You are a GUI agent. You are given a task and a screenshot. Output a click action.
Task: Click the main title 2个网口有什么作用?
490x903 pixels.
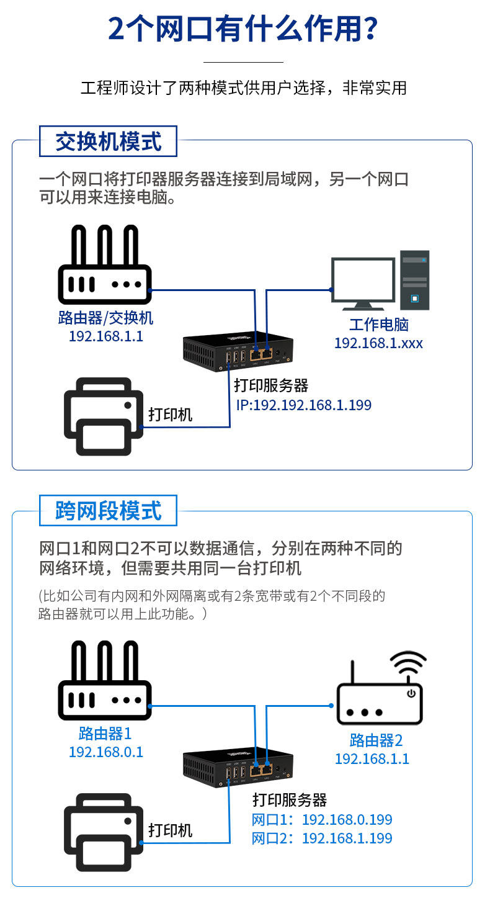coord(244,29)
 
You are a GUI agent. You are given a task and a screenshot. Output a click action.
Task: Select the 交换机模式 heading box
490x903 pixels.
coord(108,142)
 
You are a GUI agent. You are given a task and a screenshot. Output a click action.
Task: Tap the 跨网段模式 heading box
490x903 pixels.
coord(108,511)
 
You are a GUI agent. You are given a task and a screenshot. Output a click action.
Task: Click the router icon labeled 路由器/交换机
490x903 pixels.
coord(105,267)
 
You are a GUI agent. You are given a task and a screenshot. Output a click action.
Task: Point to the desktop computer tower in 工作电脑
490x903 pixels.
coord(414,280)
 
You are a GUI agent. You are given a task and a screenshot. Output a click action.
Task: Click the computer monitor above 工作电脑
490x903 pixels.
coord(363,282)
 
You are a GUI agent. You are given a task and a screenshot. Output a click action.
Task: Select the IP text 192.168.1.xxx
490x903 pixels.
coord(378,343)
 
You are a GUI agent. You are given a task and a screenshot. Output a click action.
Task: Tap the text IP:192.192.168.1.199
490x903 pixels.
coord(303,405)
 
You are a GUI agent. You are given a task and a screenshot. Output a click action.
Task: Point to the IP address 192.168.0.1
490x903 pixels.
coord(106,752)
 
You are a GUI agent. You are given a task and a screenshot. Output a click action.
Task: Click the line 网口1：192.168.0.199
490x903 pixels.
coord(322,820)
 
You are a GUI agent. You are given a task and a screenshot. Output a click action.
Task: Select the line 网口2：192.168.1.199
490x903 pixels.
coord(322,838)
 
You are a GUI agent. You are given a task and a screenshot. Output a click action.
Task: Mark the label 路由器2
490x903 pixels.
coord(376,740)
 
